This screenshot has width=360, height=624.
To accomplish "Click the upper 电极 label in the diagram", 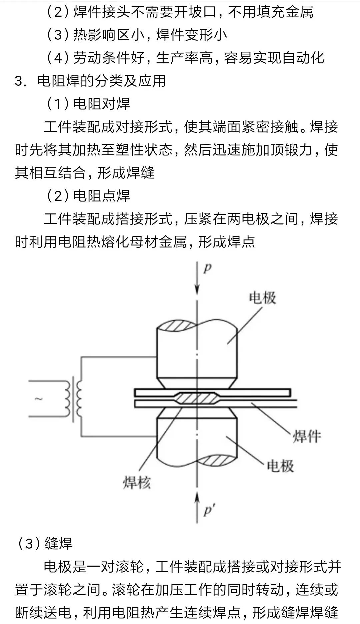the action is pyautogui.click(x=263, y=297).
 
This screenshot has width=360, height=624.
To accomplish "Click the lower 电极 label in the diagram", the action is pyautogui.click(x=280, y=466).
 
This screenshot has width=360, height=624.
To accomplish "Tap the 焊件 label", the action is pyautogui.click(x=307, y=436).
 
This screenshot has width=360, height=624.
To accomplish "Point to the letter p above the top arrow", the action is pyautogui.click(x=207, y=268).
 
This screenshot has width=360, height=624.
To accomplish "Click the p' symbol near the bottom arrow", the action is pyautogui.click(x=208, y=511).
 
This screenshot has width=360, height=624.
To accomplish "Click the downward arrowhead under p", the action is pyautogui.click(x=197, y=289).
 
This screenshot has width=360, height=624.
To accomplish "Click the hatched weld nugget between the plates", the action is pyautogui.click(x=197, y=399).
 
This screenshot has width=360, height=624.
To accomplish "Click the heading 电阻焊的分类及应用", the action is pyautogui.click(x=102, y=81).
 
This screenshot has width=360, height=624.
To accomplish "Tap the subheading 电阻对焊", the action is pyautogui.click(x=102, y=104).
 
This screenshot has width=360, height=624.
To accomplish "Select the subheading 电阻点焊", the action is pyautogui.click(x=102, y=196).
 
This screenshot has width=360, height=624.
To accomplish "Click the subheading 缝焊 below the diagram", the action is pyautogui.click(x=59, y=544).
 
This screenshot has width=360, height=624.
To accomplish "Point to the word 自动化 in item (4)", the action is pyautogui.click(x=303, y=58).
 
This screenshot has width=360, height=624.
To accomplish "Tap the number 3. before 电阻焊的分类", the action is pyautogui.click(x=20, y=81).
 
